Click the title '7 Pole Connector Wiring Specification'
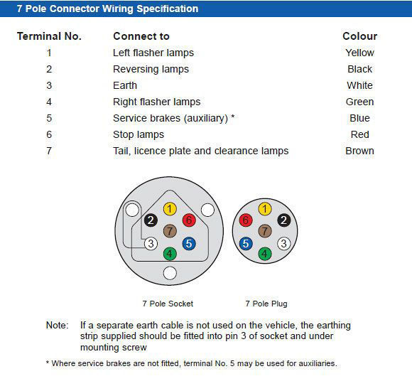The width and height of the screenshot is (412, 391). pos(107,9)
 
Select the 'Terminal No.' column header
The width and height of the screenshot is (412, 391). pos(49,36)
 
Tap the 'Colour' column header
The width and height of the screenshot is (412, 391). pos(359,36)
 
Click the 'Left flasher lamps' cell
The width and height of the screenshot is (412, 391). pos(153,53)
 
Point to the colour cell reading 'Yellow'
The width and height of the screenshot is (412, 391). pos(359,53)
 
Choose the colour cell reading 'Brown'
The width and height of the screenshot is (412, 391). pos(359,151)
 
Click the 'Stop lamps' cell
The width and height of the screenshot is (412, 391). pos(138,134)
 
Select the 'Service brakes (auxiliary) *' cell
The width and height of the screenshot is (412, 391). pos(173,118)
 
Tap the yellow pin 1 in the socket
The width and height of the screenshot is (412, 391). pos(170,209)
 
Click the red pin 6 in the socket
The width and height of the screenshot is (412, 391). pos(189,220)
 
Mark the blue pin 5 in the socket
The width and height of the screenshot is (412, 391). pos(189,244)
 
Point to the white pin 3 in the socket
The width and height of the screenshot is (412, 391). pos(151,244)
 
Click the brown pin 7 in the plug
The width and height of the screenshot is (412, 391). pos(264,231)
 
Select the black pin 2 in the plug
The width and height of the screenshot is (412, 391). pos(283,220)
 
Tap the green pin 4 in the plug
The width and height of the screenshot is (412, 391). pos(264,254)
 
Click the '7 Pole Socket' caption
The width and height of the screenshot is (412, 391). pos(168,304)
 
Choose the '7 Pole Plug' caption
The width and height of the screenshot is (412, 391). pos(266,304)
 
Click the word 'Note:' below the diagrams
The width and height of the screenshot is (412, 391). pos(58,326)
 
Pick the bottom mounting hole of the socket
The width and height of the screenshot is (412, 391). pos(170,273)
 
